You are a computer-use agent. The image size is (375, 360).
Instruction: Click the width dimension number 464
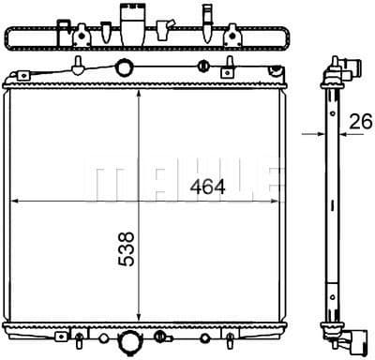point(207,187)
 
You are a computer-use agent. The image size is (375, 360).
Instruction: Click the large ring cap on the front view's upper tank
point(122,67)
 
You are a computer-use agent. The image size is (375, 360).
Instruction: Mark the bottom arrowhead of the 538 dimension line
point(140,321)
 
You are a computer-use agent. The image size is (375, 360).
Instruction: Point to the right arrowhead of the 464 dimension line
point(277,200)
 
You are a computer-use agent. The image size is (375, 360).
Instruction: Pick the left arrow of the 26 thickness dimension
point(313,134)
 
